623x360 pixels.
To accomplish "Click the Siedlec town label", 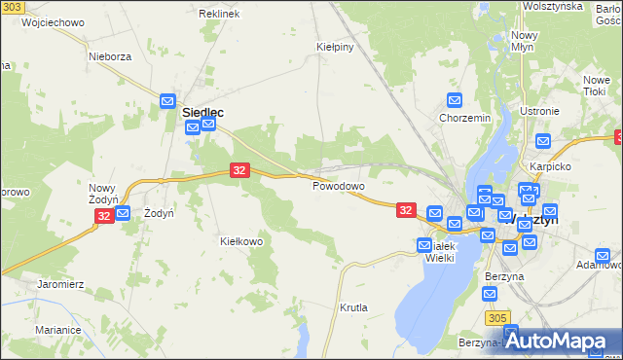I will coord(203,113).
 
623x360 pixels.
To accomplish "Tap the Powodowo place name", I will coord(338,186).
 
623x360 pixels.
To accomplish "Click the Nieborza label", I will coord(110,56).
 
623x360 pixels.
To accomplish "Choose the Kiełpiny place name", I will coord(334,46).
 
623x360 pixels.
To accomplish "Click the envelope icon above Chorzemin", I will coord(455,100).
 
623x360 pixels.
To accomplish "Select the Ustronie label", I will coord(539,111).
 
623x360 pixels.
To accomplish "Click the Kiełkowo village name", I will coord(242,241).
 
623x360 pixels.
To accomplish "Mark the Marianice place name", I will coord(57,330).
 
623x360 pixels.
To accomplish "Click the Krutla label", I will coord(353,307).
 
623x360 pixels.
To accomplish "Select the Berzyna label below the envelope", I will coord(504,276).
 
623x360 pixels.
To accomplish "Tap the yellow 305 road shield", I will coord(496,318).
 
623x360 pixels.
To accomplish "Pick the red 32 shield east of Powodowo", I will coord(407,209).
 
